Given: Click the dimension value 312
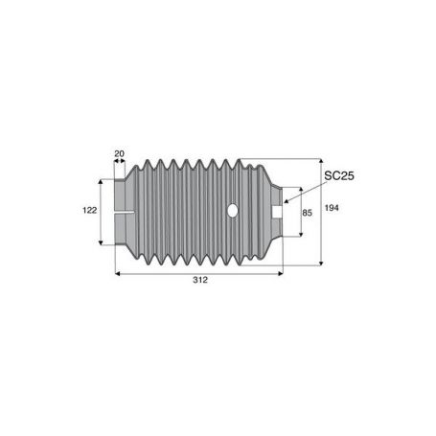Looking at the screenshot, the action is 200,280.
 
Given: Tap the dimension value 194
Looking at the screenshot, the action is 332,208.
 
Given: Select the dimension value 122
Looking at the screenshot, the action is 89,210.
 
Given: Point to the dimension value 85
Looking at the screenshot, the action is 307,213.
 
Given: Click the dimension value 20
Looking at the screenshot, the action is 119,153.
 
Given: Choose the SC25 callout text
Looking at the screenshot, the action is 339,175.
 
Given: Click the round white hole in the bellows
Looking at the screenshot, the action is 233,210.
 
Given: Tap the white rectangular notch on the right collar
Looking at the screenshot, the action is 277,212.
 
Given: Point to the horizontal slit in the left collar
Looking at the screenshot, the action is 124,212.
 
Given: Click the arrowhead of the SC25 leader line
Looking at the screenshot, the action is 287,201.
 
